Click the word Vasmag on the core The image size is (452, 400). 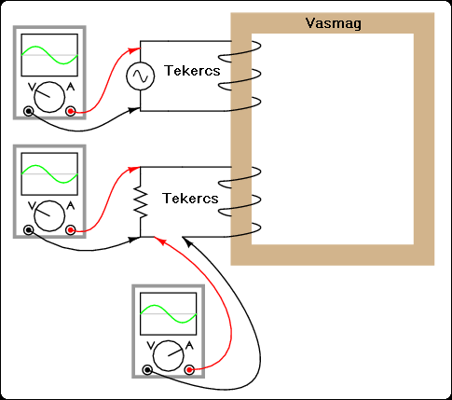(334, 23)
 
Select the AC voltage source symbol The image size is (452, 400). (141, 76)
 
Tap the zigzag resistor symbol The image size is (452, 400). (141, 202)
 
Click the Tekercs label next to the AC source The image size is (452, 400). (192, 71)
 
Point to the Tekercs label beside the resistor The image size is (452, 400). (190, 199)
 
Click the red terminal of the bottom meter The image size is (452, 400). (189, 370)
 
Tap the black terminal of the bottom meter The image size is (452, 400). (147, 370)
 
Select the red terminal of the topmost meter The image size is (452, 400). (71, 111)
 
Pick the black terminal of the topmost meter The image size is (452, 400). (29, 111)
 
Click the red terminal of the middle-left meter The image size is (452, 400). (71, 230)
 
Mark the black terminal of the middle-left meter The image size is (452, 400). (29, 230)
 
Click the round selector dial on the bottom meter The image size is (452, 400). (169, 356)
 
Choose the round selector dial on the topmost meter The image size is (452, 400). (49, 97)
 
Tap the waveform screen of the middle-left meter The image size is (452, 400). (49, 174)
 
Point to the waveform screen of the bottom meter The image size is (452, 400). (169, 314)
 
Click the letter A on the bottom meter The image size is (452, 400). (189, 346)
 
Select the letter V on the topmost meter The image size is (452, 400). (32, 88)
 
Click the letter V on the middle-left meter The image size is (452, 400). (32, 206)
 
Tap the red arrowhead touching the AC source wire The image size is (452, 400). (135, 49)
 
